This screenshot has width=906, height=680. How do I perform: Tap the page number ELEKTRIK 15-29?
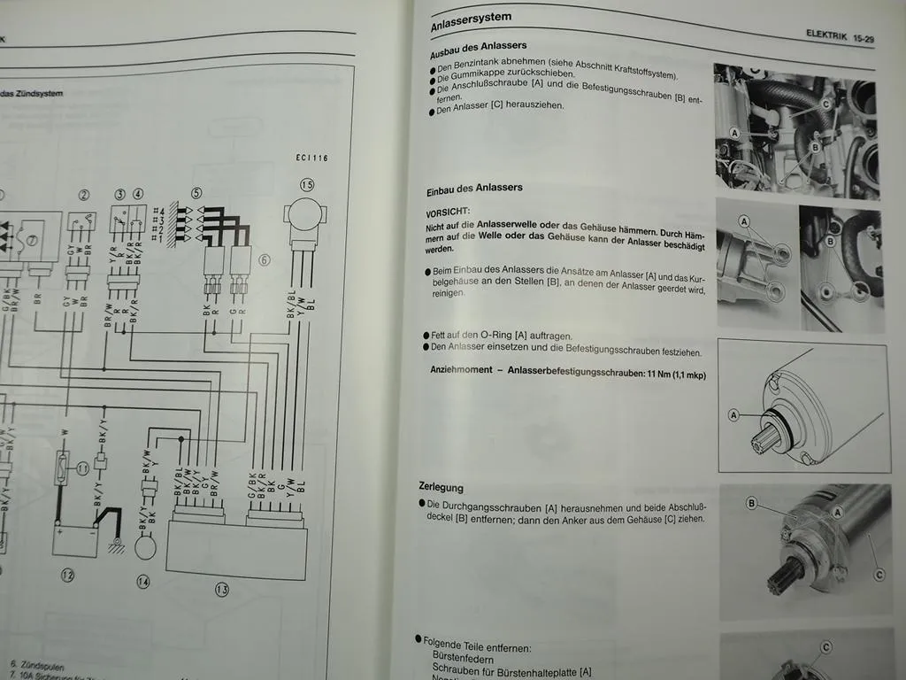840,36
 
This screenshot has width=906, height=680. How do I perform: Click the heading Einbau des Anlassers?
474,188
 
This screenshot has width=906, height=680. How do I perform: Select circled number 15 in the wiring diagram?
307,186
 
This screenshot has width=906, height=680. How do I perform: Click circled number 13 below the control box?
222,589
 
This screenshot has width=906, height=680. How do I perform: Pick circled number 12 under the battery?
68,574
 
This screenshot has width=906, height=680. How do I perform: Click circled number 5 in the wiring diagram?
196,192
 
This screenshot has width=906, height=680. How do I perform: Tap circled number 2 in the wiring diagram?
84,196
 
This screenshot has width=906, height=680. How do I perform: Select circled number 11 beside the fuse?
82,468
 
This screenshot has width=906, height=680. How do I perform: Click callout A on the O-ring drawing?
733,414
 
